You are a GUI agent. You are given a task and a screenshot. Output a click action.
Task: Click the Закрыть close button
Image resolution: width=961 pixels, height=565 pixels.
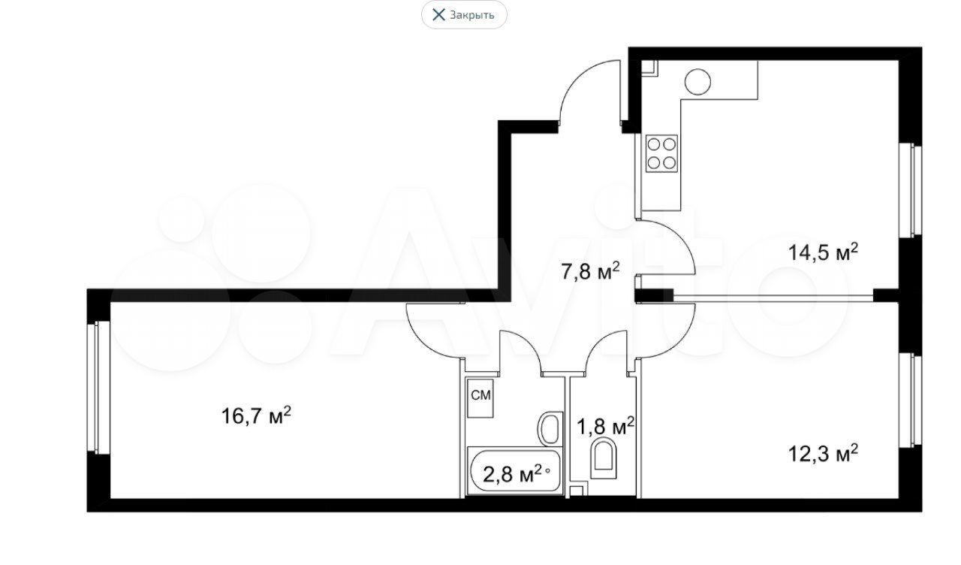coord(464,15)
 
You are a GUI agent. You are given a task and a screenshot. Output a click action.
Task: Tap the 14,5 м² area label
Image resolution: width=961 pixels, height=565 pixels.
coord(824,252)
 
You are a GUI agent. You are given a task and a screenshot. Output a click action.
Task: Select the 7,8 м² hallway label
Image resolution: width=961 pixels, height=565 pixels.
coord(591,270)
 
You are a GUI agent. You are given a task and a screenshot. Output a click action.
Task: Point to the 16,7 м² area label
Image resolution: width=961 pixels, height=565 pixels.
coord(256,415)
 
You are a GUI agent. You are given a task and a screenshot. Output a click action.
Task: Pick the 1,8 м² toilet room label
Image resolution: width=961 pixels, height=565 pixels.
coord(606,426)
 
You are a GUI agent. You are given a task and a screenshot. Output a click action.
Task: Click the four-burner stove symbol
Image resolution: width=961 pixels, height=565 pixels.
coord(661,153)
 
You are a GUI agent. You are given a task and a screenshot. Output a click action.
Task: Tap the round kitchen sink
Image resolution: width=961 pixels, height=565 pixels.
coord(697,82)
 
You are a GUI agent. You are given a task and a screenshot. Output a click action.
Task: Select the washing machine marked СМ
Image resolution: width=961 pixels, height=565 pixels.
coord(480,398)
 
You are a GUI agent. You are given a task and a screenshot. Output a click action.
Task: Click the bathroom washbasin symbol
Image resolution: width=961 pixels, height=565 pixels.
coord(550,428)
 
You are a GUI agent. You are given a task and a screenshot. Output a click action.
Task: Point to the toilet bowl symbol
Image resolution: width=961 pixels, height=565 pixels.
coord(603,458)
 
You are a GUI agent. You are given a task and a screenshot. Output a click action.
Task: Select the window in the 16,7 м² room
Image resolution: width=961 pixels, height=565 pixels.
coord(98,387)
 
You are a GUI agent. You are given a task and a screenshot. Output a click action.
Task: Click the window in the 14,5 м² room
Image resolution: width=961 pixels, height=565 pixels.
coord(910,190)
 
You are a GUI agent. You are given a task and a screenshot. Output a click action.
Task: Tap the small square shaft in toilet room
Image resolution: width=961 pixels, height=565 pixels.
coord(578,491)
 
